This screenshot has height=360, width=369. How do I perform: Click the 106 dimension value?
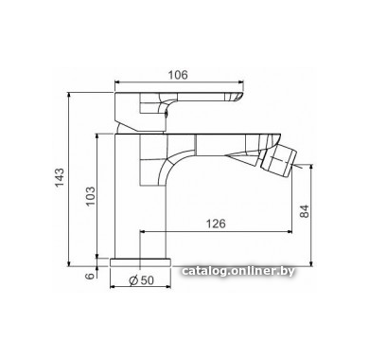click(x=178, y=75)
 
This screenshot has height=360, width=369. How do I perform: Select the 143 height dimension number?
click(x=60, y=177)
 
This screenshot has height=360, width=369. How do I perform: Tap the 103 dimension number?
click(x=90, y=196)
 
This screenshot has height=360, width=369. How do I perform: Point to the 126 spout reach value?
click(x=216, y=224)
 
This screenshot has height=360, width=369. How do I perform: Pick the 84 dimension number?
click(x=305, y=211)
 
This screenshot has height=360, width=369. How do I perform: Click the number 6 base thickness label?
click(x=90, y=276)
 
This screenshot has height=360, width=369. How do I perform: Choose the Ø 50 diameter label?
click(x=142, y=279)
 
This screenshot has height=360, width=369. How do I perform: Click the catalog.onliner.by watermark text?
click(x=238, y=271)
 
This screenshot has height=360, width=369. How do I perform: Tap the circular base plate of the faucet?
click(x=140, y=262)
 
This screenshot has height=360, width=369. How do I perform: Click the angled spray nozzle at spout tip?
click(x=279, y=162)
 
